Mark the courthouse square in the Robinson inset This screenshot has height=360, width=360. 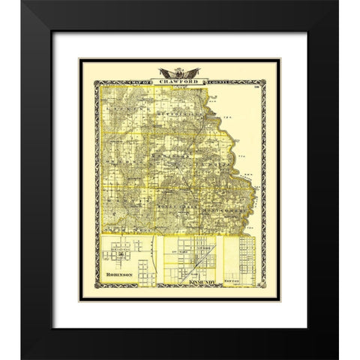click(x=121, y=256)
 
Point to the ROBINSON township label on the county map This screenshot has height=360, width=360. click(x=174, y=154)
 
